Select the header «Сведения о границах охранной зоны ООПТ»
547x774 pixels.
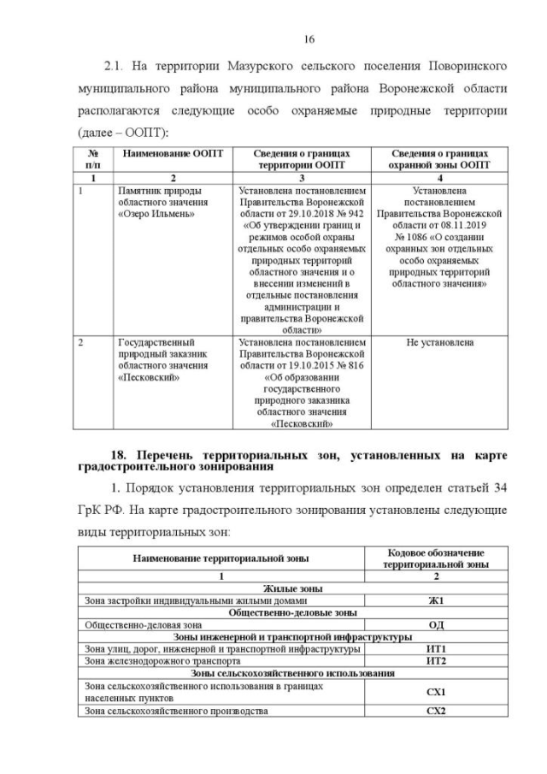click(440, 159)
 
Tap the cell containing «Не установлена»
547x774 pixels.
click(440, 344)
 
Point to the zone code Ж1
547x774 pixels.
click(436, 600)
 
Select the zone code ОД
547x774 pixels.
click(436, 624)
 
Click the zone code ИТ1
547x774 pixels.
click(436, 649)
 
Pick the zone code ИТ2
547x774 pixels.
click(436, 661)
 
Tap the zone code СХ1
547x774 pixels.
click(436, 691)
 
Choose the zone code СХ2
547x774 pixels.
click(436, 712)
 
